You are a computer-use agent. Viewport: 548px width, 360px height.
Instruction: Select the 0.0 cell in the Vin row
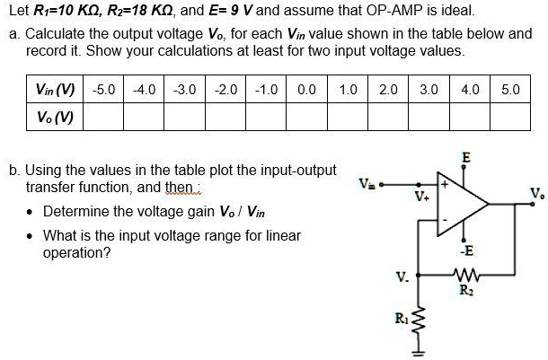pos(305,91)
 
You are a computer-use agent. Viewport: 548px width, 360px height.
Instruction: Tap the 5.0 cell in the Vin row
pos(509,91)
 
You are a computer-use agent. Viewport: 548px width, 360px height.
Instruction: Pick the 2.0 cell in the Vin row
pos(388,91)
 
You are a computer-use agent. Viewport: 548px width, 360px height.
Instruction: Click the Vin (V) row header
pos(54,91)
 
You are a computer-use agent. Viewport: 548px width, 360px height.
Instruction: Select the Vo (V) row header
pos(54,118)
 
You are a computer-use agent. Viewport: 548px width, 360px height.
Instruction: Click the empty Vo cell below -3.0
pos(184,118)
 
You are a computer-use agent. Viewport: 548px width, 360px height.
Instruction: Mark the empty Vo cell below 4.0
pos(469,118)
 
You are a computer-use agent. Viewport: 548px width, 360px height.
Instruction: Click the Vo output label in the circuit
pos(535,192)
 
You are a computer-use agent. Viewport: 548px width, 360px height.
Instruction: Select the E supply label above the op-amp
pos(464,158)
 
